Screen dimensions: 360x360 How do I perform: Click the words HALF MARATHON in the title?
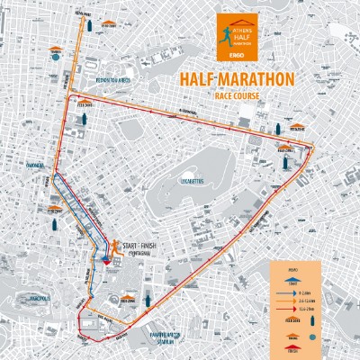(x=238, y=80)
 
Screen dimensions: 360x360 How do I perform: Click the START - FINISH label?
(x=147, y=247)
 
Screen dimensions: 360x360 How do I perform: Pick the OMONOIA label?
(x=37, y=165)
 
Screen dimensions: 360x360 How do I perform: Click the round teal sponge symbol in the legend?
(x=312, y=336)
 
